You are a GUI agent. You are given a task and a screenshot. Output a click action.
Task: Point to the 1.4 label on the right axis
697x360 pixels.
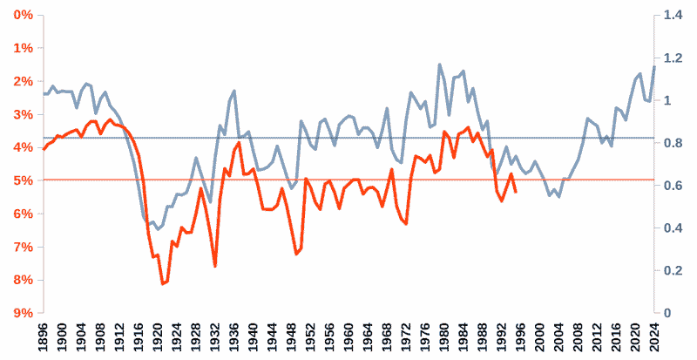click(x=673, y=16)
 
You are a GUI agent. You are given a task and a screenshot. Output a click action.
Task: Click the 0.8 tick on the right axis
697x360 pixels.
click(x=673, y=143)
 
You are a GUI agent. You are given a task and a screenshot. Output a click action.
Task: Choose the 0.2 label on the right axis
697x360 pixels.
click(x=673, y=270)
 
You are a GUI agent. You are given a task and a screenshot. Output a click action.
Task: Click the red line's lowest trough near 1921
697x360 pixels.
click(x=162, y=284)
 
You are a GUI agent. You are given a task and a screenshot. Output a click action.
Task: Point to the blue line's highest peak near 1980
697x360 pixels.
click(x=439, y=64)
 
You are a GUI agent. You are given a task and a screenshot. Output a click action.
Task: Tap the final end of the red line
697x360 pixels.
click(x=516, y=192)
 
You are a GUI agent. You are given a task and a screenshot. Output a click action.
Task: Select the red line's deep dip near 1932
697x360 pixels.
click(x=214, y=266)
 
